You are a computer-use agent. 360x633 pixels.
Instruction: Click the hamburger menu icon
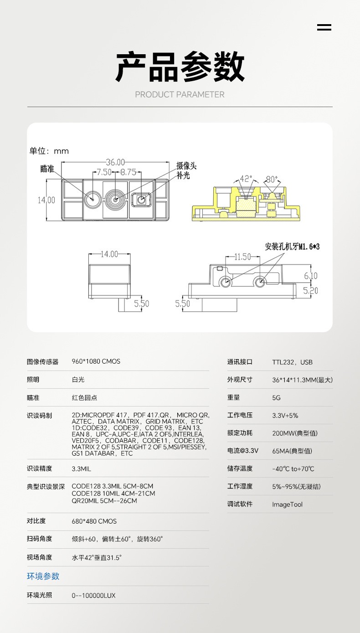tap(324, 27)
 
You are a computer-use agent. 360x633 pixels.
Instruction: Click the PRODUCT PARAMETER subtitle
tap(180, 94)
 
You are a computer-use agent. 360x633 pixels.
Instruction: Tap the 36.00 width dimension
tap(115, 162)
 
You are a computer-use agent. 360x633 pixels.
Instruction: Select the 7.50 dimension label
tap(104, 172)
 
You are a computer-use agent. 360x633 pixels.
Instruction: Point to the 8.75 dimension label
tap(129, 172)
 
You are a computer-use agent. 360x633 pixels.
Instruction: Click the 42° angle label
tap(246, 179)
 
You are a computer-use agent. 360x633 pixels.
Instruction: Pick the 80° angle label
tap(272, 179)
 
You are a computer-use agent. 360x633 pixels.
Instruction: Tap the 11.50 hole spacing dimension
tap(242, 257)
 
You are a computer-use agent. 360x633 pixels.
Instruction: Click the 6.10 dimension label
tap(311, 276)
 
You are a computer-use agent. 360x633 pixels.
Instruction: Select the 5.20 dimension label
tap(310, 290)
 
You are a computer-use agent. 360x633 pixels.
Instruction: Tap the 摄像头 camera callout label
tap(186, 165)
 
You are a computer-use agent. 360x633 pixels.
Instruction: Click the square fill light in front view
tap(141, 200)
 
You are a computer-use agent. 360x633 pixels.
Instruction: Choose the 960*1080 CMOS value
tap(96, 361)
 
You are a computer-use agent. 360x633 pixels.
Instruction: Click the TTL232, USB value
tap(292, 362)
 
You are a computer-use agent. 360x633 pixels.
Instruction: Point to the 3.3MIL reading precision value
tap(82, 469)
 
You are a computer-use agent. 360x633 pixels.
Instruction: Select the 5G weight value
tap(276, 398)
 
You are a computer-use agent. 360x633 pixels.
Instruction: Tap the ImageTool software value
tap(287, 504)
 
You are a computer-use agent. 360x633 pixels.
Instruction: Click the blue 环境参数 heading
tap(43, 576)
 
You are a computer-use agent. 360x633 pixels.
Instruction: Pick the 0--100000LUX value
tap(93, 596)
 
